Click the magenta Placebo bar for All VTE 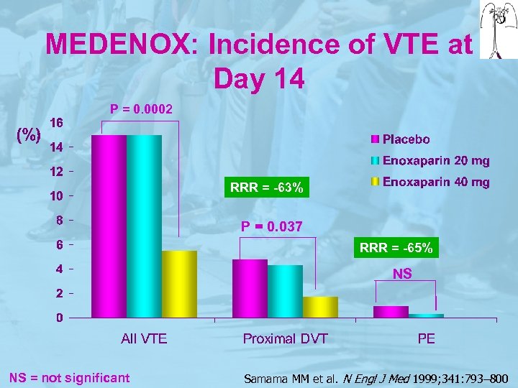(x=109, y=226)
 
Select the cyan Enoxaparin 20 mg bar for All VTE (x=144, y=226)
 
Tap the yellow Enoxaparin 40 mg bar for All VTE (x=179, y=285)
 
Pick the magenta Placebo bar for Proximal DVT (x=250, y=288)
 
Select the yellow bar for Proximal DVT (x=320, y=307)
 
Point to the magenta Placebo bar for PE (x=391, y=312)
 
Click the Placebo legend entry (x=406, y=139)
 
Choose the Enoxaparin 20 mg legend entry (x=435, y=160)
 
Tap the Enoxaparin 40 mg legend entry (x=435, y=182)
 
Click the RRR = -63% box (x=267, y=188)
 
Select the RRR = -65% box (x=396, y=248)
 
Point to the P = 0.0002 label (x=141, y=109)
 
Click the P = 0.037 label (x=272, y=227)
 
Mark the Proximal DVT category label (x=285, y=338)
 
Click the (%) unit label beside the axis (x=28, y=134)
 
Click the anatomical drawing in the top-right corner (x=498, y=30)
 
